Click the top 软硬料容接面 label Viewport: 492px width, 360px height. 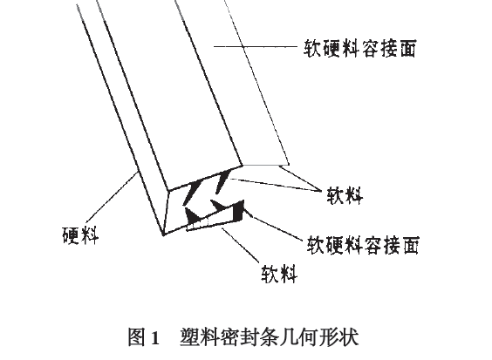360,48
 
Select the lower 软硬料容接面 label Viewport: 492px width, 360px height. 363,245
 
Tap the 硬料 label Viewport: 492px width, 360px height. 80,234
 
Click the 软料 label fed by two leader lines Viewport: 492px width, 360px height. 345,195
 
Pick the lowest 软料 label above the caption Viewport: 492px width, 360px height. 279,274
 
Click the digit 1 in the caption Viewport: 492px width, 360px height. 155,338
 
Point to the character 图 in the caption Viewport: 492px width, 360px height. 138,337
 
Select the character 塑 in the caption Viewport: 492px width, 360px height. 190,337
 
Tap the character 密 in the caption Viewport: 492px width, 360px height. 230,337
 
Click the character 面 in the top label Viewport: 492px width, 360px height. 407,48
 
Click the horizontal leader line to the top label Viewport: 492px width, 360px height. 256,46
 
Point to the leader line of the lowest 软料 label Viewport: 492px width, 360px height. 241,245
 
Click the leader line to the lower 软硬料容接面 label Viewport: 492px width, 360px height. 272,225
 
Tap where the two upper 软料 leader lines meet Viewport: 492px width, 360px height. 321,190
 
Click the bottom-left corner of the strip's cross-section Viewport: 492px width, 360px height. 163,234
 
